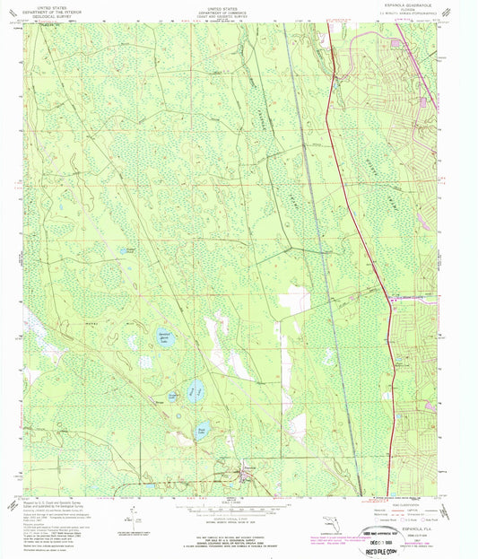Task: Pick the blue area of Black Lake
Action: pyautogui.click(x=196, y=390)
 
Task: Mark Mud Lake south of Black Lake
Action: pyautogui.click(x=202, y=430)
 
